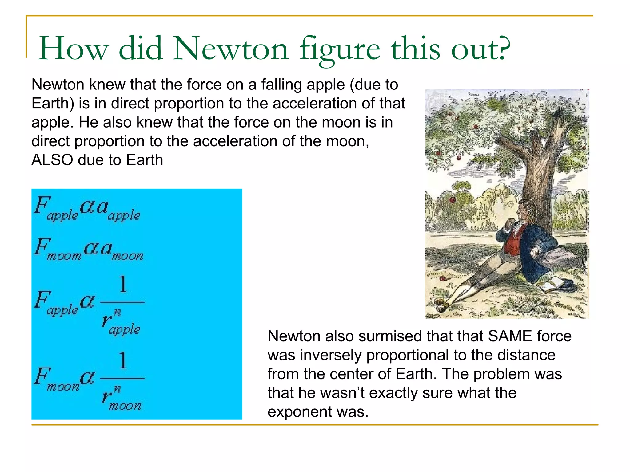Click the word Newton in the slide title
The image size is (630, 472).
(231, 49)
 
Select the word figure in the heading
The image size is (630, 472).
(340, 49)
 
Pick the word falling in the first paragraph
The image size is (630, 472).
(281, 85)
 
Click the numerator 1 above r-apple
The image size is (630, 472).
(123, 284)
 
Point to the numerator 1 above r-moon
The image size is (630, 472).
(123, 360)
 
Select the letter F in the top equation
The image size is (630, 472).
(42, 205)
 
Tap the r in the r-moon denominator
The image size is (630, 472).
(106, 396)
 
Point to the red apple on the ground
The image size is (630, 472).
(442, 278)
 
